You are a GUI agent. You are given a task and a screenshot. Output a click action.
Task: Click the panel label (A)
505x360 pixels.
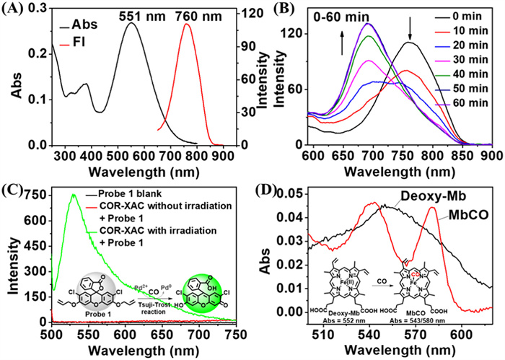coord(14,10)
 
